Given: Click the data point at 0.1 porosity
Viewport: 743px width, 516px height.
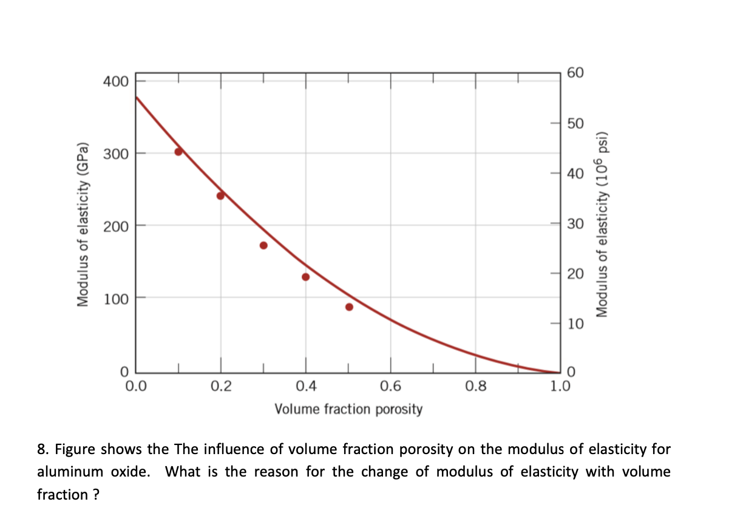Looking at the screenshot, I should click(178, 151).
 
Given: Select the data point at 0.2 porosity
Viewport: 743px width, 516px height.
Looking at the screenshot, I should click(220, 195).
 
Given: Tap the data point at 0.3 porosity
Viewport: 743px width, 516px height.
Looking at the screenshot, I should click(263, 245).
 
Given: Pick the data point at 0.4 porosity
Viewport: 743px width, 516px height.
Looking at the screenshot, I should click(305, 277).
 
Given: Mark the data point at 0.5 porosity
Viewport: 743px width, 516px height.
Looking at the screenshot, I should click(349, 307).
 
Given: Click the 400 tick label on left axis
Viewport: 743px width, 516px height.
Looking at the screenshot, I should click(115, 81).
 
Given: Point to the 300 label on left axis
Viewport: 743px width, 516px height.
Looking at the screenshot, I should click(115, 153).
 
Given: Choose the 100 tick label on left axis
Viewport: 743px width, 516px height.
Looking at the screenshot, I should click(115, 298).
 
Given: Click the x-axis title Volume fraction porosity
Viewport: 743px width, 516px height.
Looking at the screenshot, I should click(348, 409).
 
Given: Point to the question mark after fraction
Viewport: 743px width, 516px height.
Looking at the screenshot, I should click(96, 495).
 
